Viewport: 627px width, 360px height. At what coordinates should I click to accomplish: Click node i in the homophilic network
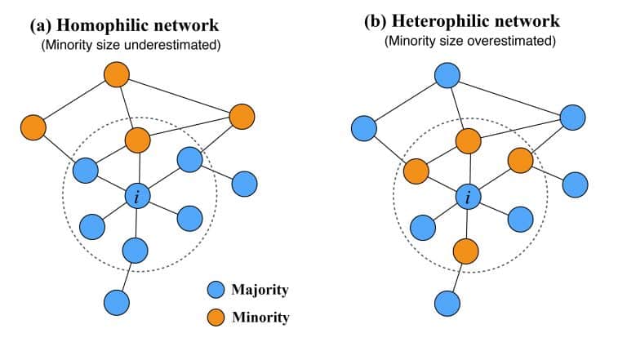point(137,197)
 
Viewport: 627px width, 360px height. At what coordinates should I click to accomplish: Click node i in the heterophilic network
point(469,197)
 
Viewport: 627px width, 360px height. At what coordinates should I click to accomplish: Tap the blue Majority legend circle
point(216,289)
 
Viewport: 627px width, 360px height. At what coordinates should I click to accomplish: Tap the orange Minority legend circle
point(216,318)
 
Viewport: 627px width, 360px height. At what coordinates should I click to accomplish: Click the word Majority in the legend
point(260,290)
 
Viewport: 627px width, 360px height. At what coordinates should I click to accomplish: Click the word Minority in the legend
point(260,318)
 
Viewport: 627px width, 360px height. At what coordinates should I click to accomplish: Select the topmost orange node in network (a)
point(117,74)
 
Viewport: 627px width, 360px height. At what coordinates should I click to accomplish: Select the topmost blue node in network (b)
point(447,75)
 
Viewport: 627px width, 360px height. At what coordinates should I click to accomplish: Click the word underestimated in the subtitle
point(172,45)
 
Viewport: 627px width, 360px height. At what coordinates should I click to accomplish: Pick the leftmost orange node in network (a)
point(33,127)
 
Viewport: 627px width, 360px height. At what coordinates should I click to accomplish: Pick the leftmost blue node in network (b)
point(364,128)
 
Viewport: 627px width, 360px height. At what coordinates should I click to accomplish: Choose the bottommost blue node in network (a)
point(117,302)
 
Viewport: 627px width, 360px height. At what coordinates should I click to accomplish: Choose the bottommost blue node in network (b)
point(447,303)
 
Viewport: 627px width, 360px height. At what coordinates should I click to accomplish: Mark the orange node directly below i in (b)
point(466,251)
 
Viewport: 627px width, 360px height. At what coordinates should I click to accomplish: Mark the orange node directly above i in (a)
point(137,140)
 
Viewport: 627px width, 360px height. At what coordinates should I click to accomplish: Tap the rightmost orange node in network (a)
point(242,117)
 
